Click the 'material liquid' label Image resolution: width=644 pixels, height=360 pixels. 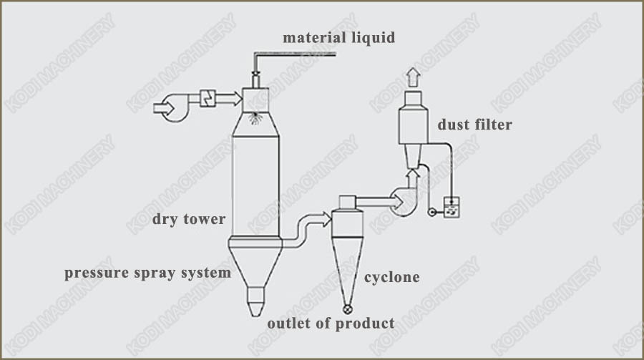(339, 38)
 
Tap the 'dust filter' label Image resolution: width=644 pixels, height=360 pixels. (475, 124)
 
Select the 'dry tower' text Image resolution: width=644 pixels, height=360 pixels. (188, 219)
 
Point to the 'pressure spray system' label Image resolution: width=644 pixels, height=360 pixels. (147, 273)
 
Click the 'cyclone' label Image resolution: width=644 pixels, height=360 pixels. (392, 278)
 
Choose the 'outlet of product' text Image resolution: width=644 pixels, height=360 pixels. (331, 323)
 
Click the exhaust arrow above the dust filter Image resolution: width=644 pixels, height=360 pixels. (413, 77)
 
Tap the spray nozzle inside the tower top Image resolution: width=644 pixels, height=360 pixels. (255, 118)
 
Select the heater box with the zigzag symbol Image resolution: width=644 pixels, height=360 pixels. (208, 98)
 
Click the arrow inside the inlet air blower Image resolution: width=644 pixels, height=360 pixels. (163, 108)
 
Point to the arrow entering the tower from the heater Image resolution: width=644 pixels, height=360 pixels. (229, 99)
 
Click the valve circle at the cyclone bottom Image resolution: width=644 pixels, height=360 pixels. (348, 309)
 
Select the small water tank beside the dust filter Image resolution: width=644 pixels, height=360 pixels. (452, 208)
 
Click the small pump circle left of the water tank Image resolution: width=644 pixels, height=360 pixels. (432, 213)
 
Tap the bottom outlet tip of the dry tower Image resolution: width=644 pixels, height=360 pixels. (255, 316)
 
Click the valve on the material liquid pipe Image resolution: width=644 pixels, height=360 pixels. (255, 73)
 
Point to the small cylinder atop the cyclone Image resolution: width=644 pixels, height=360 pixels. (348, 203)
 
